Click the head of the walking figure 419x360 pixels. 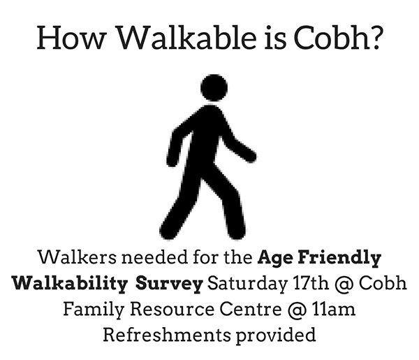[214, 87]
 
